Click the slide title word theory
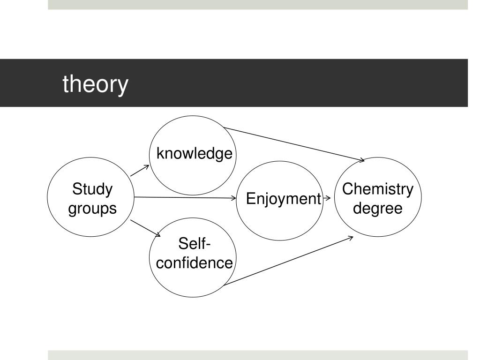click(95, 85)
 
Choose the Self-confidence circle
click(193, 281)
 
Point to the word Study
click(92, 190)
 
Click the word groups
click(92, 208)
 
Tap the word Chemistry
click(378, 189)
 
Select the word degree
click(378, 208)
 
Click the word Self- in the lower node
click(195, 244)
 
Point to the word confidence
click(195, 263)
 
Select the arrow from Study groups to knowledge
click(140, 171)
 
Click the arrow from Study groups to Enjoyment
click(185, 198)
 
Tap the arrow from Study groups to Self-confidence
click(145, 228)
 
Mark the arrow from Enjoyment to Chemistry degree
click(327, 198)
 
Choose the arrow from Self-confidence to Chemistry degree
click(288, 261)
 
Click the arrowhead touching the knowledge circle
click(147, 167)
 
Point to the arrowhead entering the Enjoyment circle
click(234, 198)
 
